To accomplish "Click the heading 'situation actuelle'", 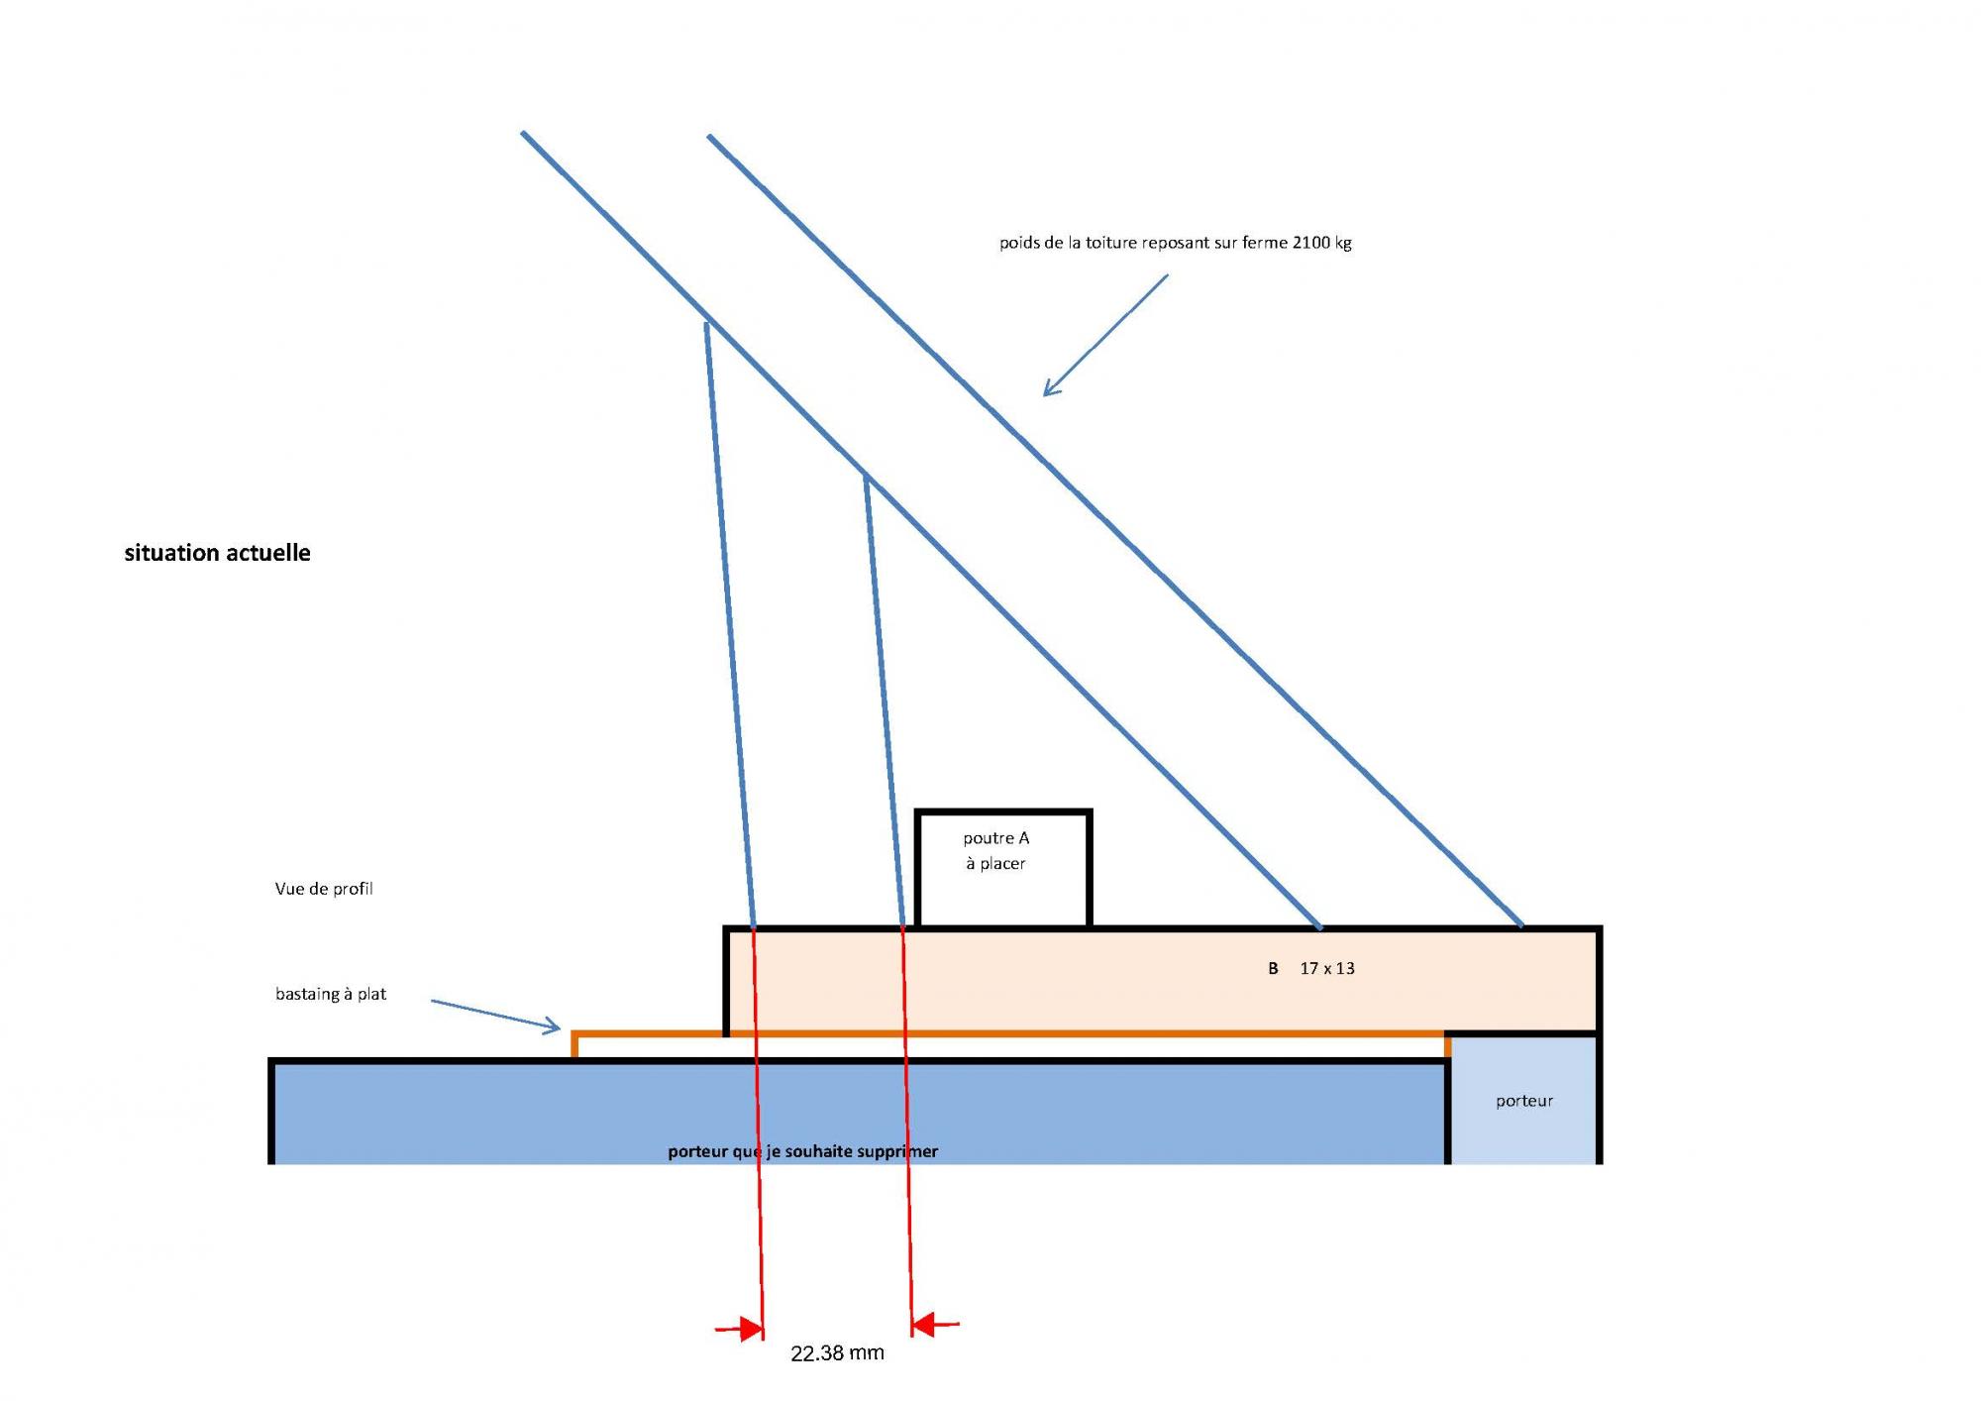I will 217,553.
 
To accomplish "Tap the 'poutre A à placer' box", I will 1002,868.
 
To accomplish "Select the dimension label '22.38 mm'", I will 837,1353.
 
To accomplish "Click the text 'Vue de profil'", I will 324,889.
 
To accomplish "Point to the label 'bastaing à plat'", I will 331,994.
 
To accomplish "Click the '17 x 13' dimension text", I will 1327,969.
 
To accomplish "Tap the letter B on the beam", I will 1273,969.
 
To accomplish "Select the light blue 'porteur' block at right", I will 1523,1100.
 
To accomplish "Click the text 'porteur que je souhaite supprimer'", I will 802,1151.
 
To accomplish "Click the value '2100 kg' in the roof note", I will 1322,243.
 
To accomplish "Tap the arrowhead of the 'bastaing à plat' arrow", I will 553,1027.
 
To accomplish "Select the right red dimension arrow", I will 930,1325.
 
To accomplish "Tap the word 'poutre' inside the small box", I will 988,838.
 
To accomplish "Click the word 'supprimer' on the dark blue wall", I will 897,1151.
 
